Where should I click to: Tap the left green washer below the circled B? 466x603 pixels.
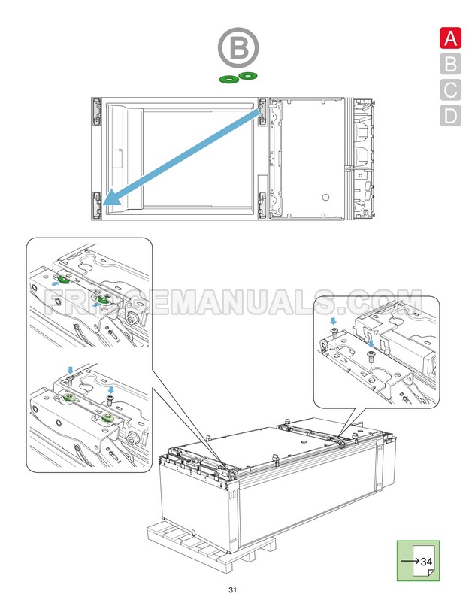tap(227, 77)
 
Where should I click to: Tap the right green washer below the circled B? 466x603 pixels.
tap(247, 75)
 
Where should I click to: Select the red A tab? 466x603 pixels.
tap(449, 38)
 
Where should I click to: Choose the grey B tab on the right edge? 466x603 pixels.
tap(449, 65)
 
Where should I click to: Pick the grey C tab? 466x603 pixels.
tap(449, 90)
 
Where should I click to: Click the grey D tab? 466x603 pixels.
tap(449, 116)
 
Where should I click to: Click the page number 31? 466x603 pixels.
tap(233, 589)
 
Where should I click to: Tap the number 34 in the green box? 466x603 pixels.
tap(426, 562)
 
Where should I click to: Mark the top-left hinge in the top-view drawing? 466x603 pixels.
tap(97, 111)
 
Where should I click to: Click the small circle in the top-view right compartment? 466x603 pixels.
tap(325, 197)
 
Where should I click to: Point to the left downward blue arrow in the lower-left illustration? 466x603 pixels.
tap(69, 371)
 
